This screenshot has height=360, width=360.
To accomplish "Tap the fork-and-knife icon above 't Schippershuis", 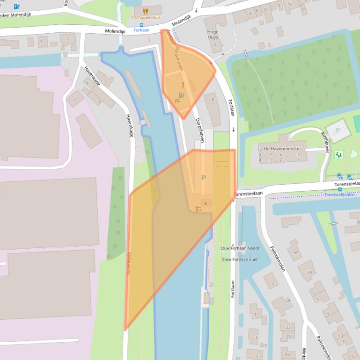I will coord(145,10).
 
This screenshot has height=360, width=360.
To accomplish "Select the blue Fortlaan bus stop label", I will coord(141,30).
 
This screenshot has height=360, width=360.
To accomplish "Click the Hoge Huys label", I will coord(213,35).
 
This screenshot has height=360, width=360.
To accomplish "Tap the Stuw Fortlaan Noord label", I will coord(240,248).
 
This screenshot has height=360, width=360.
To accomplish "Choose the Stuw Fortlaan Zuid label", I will coord(240,259).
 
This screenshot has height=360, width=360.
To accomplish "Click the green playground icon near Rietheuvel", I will coord(339,154).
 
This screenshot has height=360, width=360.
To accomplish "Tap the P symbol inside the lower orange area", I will coord(203,178).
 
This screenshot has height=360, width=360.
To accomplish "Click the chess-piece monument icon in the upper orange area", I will coord(183,86).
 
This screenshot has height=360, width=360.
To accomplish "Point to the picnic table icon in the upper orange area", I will coord(177,101).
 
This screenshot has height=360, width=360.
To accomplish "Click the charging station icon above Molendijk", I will coord(17,7).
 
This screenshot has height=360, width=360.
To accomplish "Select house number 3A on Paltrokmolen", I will coord(295,252).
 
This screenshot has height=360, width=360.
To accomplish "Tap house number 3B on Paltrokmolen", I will coord(309,272).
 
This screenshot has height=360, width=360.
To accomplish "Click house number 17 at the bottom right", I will coord(351,357).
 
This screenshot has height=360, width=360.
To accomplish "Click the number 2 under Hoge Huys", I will coord(215,44).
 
